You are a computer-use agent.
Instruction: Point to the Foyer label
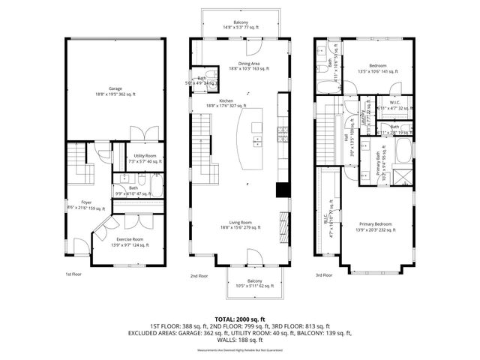[75, 205]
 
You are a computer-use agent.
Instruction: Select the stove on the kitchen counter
[283, 135]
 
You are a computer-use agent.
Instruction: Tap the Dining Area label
[240, 66]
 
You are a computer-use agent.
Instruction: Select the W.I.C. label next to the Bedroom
[396, 105]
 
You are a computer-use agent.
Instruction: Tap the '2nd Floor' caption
[199, 276]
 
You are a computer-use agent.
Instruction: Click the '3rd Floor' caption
[323, 276]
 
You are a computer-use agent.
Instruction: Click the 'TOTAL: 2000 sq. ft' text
[240, 319]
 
